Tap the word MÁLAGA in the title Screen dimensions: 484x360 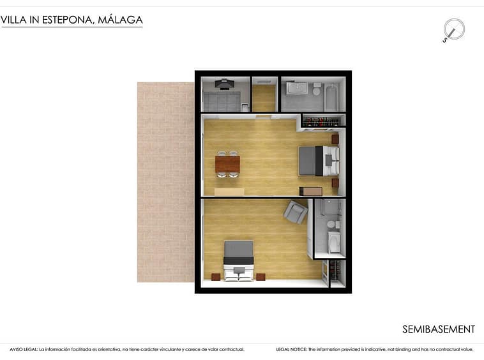click(x=120, y=20)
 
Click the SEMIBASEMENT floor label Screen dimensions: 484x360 click(x=438, y=329)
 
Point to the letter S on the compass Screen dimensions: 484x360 click(x=445, y=40)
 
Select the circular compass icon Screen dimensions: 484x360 click(x=454, y=29)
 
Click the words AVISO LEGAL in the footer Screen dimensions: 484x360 click(x=24, y=350)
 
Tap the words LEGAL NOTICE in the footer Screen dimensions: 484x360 click(x=291, y=350)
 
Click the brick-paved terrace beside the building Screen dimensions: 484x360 click(x=166, y=182)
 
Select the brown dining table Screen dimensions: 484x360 click(x=227, y=164)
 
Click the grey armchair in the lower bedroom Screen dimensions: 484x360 click(x=296, y=212)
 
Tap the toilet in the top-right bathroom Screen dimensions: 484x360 click(x=317, y=89)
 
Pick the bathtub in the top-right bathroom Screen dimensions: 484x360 click(x=331, y=96)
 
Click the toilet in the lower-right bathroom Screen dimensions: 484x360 click(x=331, y=224)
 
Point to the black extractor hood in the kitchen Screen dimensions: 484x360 click(x=224, y=84)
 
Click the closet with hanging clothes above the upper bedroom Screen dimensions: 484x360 click(x=323, y=121)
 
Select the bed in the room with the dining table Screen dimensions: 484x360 click(x=319, y=161)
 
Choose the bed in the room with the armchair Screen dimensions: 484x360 click(x=239, y=260)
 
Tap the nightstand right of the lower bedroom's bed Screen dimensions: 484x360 click(x=261, y=277)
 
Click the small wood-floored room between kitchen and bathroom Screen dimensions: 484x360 click(x=264, y=94)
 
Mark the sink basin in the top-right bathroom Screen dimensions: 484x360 click(x=297, y=89)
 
